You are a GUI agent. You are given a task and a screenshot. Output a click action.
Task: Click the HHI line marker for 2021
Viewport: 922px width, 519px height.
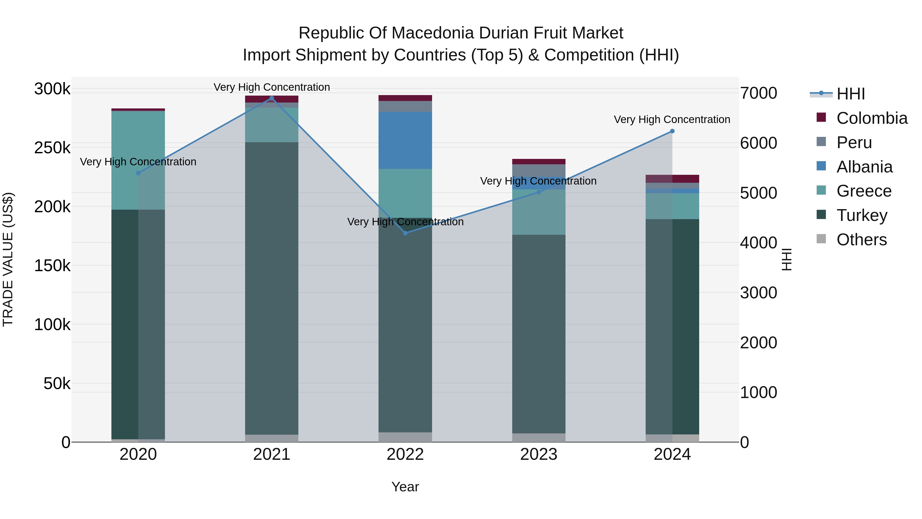pyautogui.click(x=272, y=98)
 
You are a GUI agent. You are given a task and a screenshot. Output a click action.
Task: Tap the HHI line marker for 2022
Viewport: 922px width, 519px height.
pyautogui.click(x=405, y=233)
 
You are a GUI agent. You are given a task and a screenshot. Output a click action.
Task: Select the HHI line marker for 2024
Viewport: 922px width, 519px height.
pyautogui.click(x=672, y=131)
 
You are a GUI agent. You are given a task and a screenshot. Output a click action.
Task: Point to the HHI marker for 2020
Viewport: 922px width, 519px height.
pyautogui.click(x=138, y=173)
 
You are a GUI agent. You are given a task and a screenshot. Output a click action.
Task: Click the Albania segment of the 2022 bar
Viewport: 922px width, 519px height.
pyautogui.click(x=405, y=140)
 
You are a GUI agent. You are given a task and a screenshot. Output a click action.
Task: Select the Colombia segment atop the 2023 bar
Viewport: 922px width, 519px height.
pyautogui.click(x=539, y=161)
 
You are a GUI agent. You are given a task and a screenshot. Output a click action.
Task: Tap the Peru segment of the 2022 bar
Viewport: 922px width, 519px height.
pyautogui.click(x=405, y=106)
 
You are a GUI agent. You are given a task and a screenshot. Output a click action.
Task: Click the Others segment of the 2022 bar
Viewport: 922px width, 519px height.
pyautogui.click(x=405, y=437)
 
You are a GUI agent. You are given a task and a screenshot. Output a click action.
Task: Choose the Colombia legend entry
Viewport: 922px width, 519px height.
pyautogui.click(x=872, y=118)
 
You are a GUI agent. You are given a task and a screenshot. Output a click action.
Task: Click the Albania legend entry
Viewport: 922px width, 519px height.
pyautogui.click(x=864, y=167)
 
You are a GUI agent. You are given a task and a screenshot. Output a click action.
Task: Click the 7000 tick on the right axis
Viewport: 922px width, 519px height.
pyautogui.click(x=758, y=93)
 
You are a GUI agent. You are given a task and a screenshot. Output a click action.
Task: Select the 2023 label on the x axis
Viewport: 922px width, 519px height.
pyautogui.click(x=539, y=454)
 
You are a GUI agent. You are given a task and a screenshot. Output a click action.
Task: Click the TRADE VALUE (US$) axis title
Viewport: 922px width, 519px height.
pyautogui.click(x=8, y=259)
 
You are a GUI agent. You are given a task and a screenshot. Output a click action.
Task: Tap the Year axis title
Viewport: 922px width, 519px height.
pyautogui.click(x=405, y=487)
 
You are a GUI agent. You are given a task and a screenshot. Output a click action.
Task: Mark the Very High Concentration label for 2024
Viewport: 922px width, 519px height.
pyautogui.click(x=672, y=119)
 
